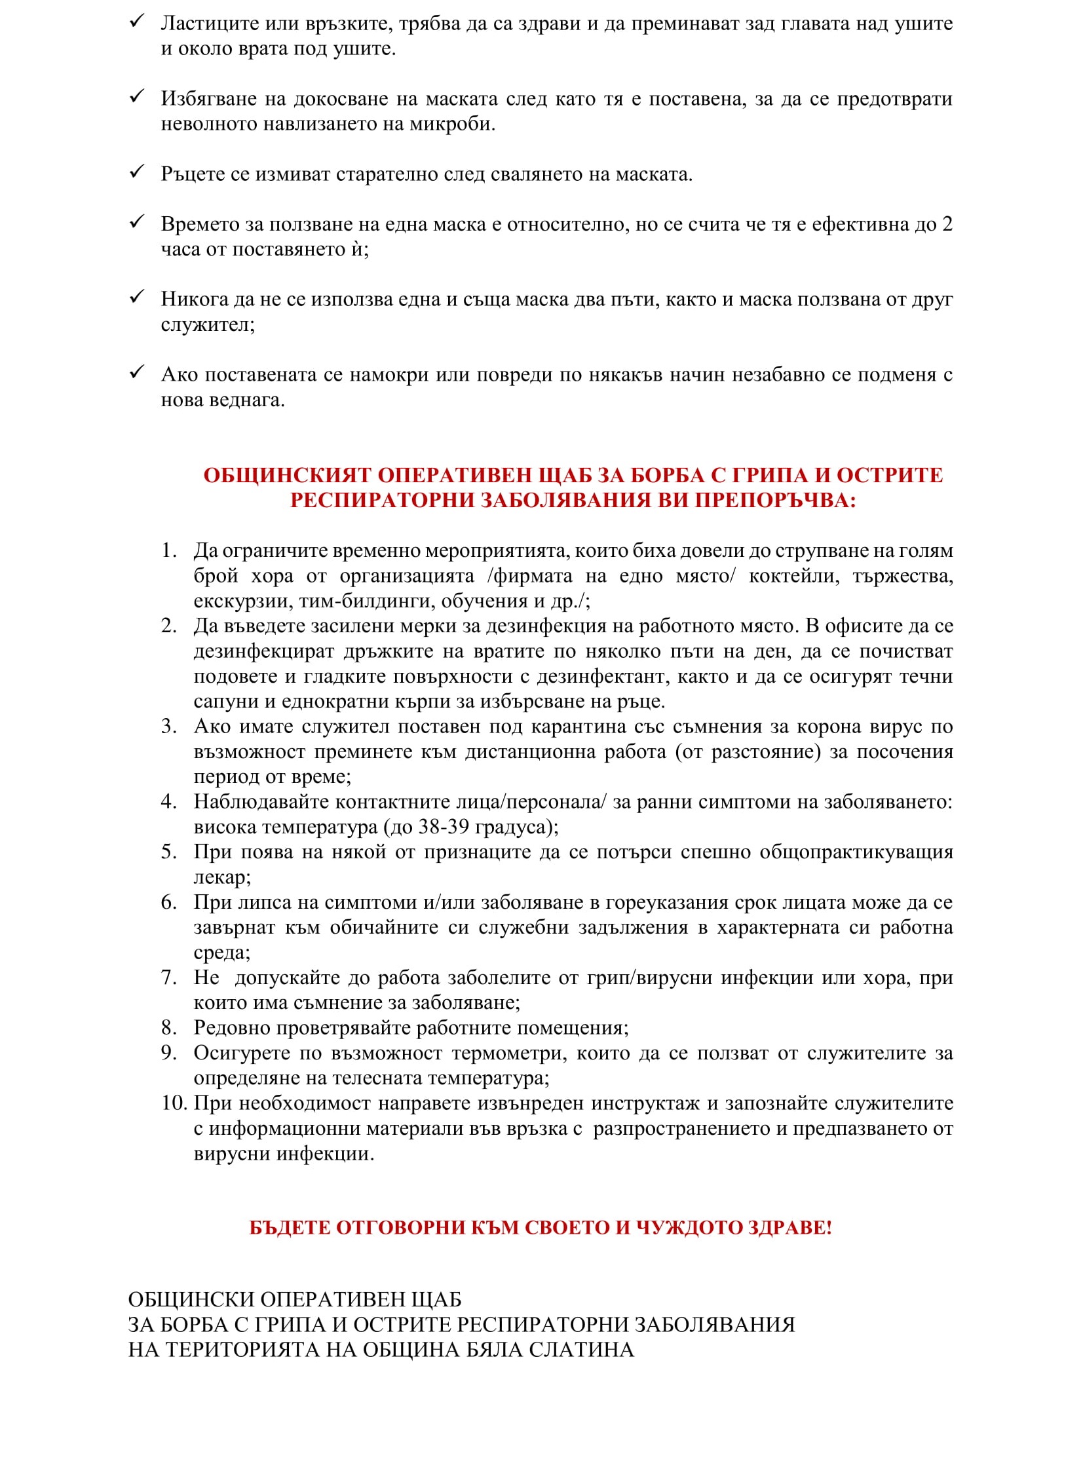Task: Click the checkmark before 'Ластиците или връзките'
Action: pos(136,22)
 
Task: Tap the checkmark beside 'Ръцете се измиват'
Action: pos(136,172)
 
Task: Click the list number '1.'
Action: pos(169,550)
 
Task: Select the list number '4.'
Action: pos(169,802)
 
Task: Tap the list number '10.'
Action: pos(174,1103)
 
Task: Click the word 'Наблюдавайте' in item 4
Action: pos(259,802)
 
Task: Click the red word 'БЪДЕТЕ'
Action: pos(289,1228)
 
